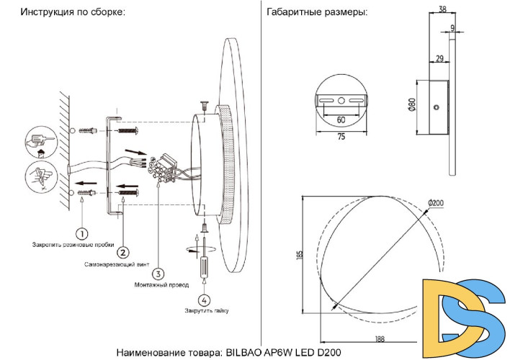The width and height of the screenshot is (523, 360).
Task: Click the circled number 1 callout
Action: point(82,233)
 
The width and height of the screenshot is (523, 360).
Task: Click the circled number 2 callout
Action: point(123,252)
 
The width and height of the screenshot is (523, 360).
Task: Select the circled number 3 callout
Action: point(158,273)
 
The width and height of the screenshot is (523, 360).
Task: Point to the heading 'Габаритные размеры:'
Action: point(316,13)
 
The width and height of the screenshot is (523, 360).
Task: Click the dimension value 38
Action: point(442,10)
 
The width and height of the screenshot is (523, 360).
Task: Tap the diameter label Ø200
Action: point(436,204)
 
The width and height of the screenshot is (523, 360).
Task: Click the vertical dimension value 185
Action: point(299,253)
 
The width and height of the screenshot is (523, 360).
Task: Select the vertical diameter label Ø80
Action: point(411,104)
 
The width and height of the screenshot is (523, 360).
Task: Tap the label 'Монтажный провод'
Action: point(158,285)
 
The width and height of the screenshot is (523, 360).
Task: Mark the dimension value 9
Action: point(452,29)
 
